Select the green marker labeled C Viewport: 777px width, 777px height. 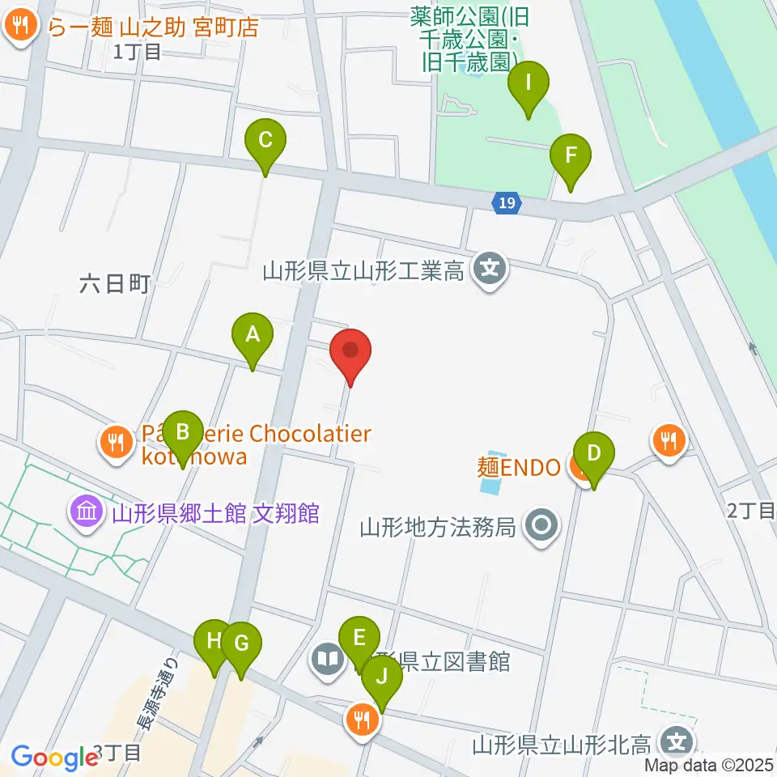(265, 141)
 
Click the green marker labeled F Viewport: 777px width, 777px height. (571, 156)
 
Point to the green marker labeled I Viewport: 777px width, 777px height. (529, 83)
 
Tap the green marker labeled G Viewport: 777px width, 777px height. (241, 644)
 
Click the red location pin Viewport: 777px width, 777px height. (351, 351)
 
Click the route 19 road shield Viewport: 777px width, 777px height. (506, 203)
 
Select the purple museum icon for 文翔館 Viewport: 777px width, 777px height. (87, 512)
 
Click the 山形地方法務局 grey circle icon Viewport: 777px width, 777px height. (541, 527)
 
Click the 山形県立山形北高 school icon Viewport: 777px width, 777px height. (674, 741)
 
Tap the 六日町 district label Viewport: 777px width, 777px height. (116, 283)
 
